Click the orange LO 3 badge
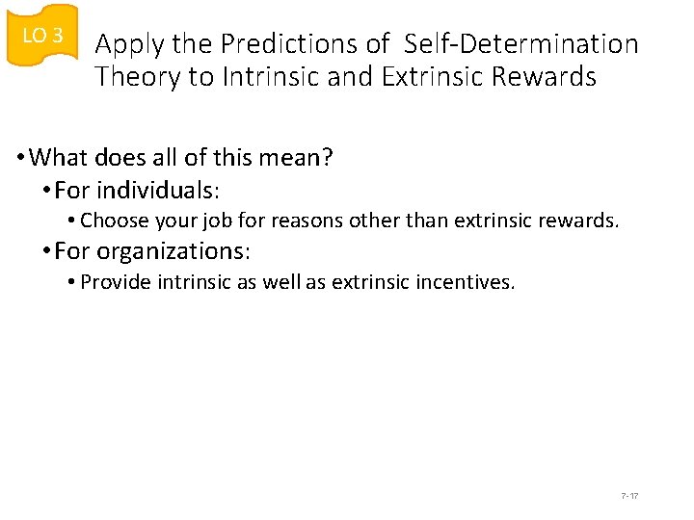coord(41,36)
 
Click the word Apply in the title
coord(128,44)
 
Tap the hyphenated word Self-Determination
coord(521,44)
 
